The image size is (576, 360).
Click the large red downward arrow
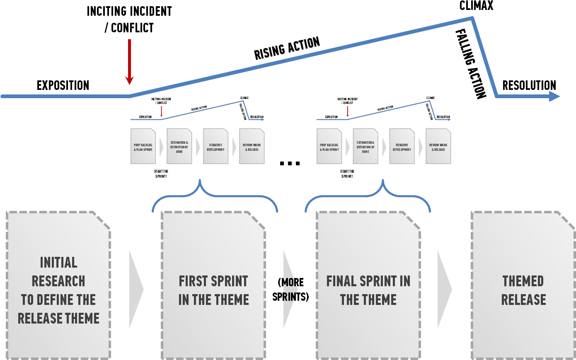click(130, 62)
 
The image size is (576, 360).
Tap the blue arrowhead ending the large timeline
click(554, 96)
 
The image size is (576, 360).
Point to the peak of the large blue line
click(472, 18)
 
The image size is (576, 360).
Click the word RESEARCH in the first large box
click(58, 281)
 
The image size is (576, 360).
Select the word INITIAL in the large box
click(58, 263)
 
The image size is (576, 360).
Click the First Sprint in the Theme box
click(213, 290)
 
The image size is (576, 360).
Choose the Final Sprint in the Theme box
click(368, 290)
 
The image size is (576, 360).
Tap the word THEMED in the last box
click(523, 281)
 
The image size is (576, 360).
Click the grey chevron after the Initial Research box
click(136, 289)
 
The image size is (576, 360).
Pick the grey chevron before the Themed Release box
click(444, 289)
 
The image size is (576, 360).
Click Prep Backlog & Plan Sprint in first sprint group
click(143, 147)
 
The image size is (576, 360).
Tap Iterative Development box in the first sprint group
click(215, 147)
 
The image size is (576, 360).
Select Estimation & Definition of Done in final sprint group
click(365, 147)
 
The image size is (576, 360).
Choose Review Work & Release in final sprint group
click(438, 147)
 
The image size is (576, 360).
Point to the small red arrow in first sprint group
click(162, 111)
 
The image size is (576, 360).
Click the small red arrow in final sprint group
click(348, 111)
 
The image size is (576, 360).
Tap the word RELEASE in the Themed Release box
click(523, 300)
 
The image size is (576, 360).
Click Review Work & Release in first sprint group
click(252, 147)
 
